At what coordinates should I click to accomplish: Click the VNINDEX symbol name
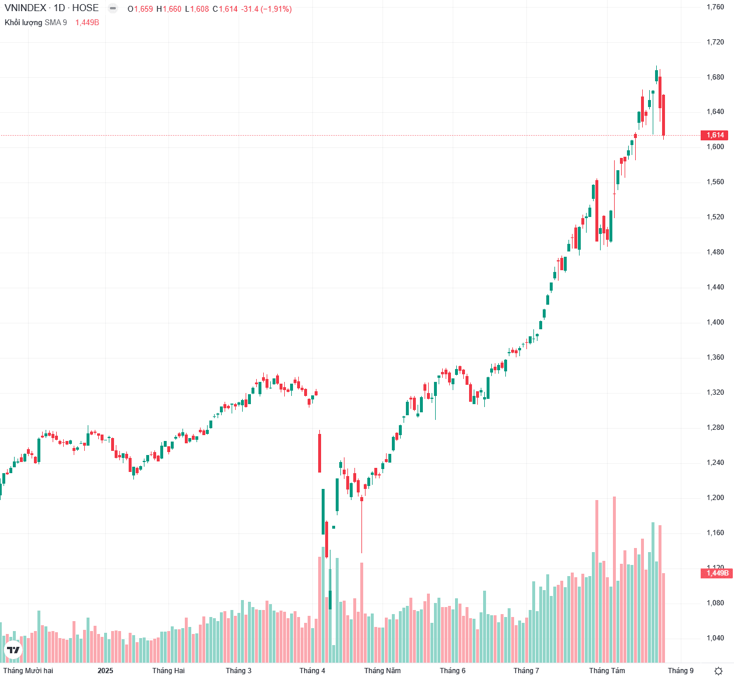click(25, 8)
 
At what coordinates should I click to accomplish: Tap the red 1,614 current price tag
click(715, 135)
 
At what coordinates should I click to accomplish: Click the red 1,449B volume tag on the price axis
click(717, 573)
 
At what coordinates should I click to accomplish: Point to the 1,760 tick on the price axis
click(715, 7)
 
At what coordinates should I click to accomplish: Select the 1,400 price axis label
click(715, 322)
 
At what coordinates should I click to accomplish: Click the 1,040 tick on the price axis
click(715, 638)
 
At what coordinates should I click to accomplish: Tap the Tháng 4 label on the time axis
click(312, 671)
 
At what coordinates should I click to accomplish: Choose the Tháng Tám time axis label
click(607, 671)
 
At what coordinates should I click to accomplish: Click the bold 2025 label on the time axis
click(105, 671)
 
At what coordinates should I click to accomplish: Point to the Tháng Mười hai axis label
click(28, 671)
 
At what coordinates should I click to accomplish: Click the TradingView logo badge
click(13, 650)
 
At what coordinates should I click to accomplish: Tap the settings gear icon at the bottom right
click(719, 671)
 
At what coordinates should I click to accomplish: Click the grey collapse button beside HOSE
click(113, 9)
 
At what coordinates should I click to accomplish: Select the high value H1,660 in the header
click(169, 9)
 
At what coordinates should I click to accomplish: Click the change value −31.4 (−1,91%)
click(266, 9)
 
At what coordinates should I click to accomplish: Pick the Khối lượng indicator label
click(23, 22)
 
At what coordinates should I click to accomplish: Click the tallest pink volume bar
click(614, 579)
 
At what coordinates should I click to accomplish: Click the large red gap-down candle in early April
click(319, 451)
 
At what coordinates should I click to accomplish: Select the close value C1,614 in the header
click(225, 9)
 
